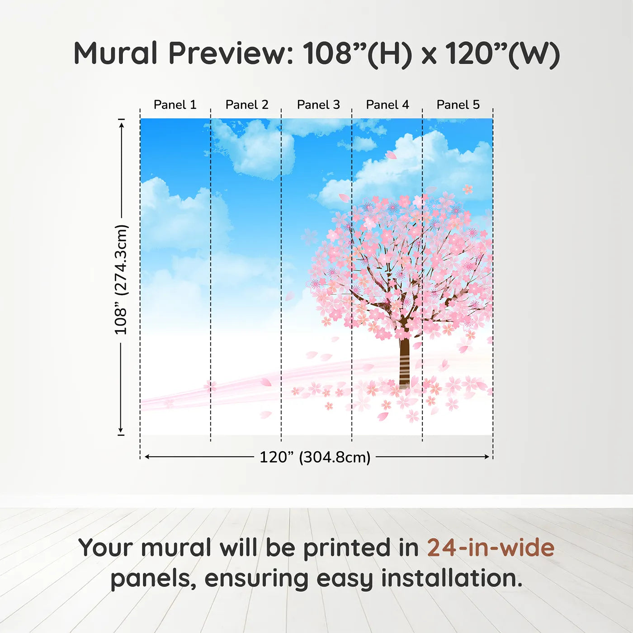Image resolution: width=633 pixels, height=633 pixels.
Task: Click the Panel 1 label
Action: click(175, 104)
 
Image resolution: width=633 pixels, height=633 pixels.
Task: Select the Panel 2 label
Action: click(247, 104)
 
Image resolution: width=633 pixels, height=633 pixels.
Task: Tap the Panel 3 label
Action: click(318, 104)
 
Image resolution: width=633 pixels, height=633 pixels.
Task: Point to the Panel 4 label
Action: click(387, 104)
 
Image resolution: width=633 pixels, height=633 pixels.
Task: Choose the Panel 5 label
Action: click(458, 104)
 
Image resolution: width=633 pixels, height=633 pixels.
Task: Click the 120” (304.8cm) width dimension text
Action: click(315, 457)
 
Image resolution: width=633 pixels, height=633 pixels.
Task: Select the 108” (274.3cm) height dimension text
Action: click(121, 279)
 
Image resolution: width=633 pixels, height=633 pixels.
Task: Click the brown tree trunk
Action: click(404, 362)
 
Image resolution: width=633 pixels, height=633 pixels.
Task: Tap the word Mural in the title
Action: click(115, 53)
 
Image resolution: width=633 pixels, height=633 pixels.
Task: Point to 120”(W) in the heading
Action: click(502, 53)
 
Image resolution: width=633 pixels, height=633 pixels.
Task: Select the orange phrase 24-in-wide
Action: click(491, 548)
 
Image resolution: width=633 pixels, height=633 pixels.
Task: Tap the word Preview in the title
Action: click(231, 53)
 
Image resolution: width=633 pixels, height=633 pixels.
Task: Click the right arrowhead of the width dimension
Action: click(487, 457)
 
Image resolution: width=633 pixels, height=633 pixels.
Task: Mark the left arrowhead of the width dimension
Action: click(146, 457)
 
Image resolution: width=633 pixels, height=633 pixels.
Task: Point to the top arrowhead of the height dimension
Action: click(121, 124)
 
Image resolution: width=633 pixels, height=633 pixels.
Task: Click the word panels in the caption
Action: click(153, 578)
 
